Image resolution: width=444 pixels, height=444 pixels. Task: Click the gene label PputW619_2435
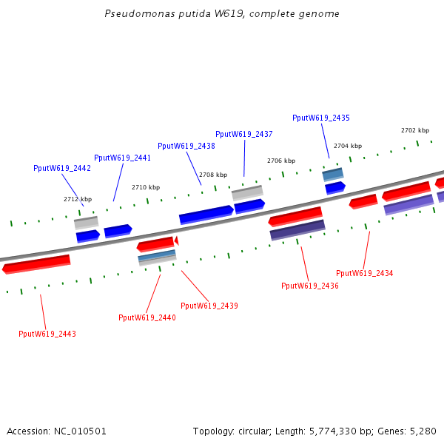coord(321,118)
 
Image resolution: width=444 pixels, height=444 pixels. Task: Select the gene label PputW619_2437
coord(244,134)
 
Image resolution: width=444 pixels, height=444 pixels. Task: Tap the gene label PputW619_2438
coord(186,146)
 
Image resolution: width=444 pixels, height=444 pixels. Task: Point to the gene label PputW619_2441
coord(123,158)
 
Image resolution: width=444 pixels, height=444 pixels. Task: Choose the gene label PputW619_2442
coord(62,168)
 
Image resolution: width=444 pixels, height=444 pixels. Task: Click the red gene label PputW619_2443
coord(47,334)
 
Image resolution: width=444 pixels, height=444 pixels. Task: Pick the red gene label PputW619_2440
coord(147,317)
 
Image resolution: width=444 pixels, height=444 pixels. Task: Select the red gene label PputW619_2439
coord(209,306)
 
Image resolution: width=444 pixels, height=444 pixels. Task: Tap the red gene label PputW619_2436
coord(310,286)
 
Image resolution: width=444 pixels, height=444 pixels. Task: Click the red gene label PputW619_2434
coord(365,273)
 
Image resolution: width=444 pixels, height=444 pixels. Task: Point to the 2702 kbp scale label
coord(415,130)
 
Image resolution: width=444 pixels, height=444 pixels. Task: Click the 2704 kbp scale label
coord(348,146)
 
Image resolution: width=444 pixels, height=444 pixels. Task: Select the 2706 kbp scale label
coord(281,161)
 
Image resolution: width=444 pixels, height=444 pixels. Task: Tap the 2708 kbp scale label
coord(213,175)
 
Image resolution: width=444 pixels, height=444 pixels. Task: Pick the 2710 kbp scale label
coord(146,187)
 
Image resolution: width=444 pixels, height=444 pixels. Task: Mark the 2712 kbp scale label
coord(78,199)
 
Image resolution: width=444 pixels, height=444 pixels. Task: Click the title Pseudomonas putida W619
coord(222,14)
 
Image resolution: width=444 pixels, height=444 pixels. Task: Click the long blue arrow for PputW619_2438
coord(206,215)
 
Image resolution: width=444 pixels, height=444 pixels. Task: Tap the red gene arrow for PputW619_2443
coord(36,263)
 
